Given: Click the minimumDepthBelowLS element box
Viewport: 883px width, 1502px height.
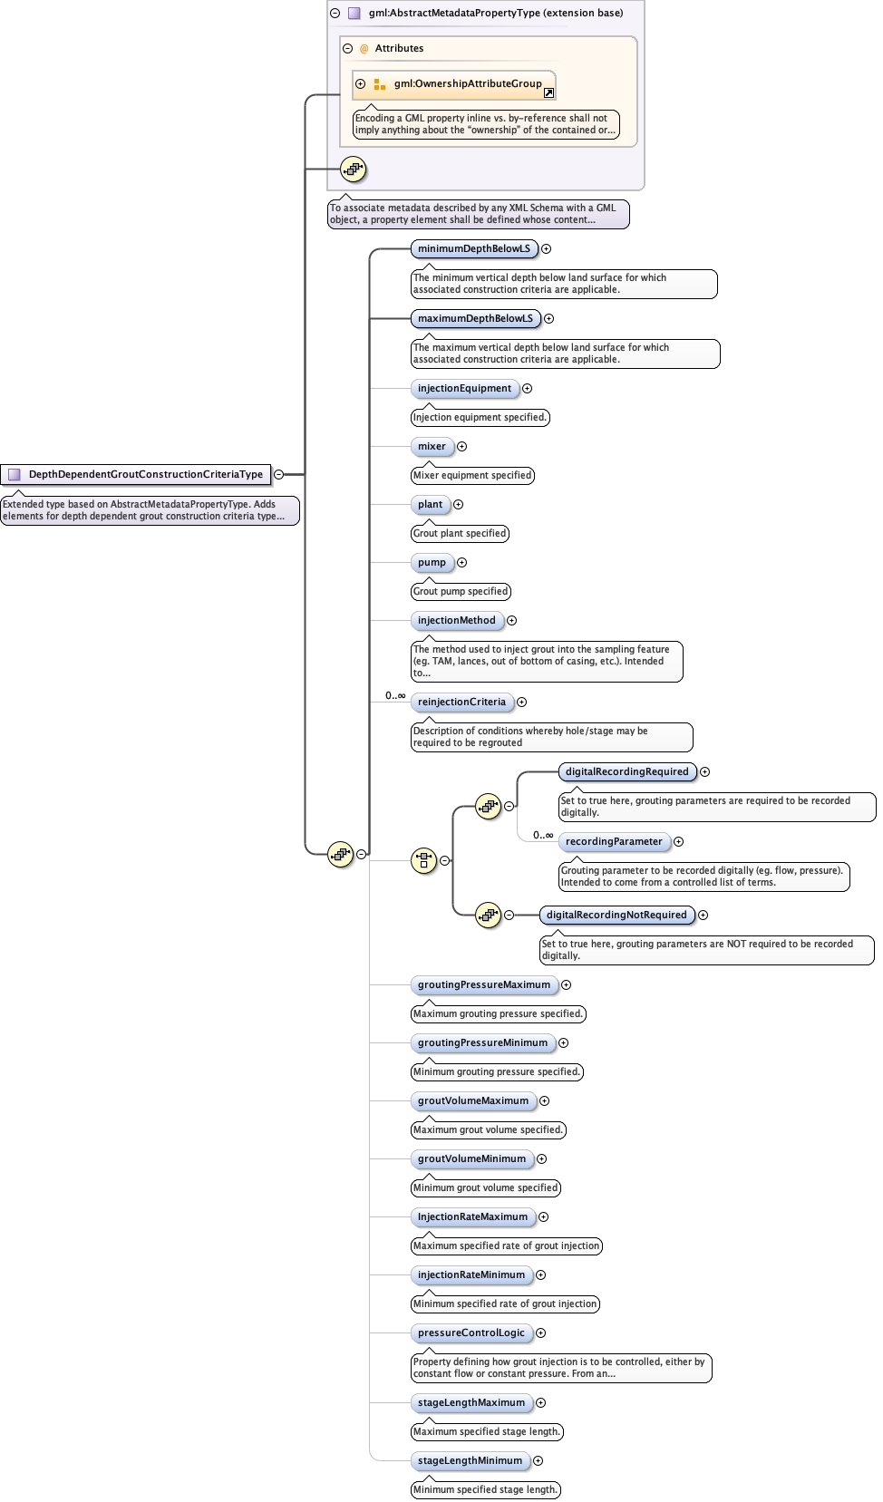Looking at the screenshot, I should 473,248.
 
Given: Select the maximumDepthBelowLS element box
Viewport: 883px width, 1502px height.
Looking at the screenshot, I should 475,318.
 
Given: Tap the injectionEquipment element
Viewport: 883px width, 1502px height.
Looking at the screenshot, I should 464,388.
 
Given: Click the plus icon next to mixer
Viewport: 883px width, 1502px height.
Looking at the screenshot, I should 462,446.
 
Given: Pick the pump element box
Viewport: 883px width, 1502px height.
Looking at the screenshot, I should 432,562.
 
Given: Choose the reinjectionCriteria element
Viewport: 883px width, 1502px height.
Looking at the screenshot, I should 461,702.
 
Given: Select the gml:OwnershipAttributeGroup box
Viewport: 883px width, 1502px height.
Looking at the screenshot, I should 453,84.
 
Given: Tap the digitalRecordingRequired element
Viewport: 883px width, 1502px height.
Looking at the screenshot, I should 626,771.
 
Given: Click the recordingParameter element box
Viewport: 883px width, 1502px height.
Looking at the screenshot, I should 614,841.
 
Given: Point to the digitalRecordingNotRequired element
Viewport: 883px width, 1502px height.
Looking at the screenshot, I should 616,915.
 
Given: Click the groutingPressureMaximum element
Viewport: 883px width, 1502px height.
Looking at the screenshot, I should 483,984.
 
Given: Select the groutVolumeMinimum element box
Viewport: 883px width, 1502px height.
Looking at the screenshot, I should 471,1158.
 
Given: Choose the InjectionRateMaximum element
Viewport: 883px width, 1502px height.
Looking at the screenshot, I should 472,1216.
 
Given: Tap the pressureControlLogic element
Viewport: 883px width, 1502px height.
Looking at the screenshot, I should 471,1332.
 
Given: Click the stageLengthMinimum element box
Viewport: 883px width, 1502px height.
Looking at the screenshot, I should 470,1460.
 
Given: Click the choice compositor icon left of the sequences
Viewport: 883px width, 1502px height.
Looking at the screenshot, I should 423,860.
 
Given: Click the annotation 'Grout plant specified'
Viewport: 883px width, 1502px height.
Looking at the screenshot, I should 460,533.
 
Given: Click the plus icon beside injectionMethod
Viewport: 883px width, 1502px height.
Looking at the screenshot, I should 512,620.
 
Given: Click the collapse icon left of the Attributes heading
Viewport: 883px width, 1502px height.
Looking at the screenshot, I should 347,48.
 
